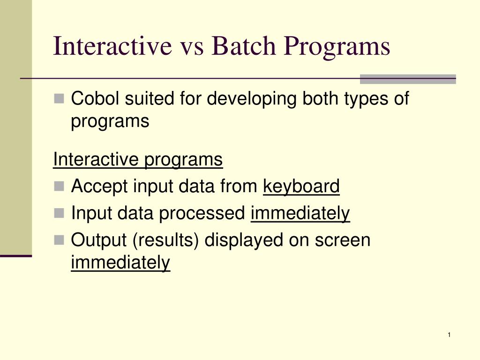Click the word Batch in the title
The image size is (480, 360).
243,46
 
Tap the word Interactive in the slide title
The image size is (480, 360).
112,46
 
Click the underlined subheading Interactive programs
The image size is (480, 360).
138,160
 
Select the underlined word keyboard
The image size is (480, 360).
301,187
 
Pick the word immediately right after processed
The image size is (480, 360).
300,214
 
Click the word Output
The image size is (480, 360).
98,240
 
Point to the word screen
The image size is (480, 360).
342,240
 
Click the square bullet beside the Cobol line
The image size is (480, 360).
59,98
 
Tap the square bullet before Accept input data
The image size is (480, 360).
59,186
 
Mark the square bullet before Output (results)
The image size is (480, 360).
59,240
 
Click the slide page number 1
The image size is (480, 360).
449,335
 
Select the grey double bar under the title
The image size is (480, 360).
408,79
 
